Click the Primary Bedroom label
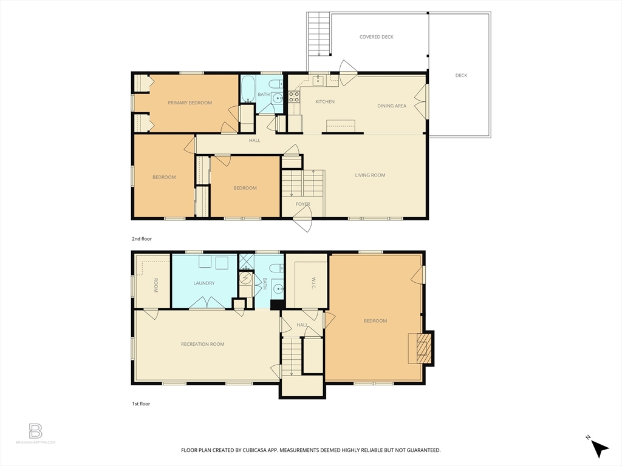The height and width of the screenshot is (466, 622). (190, 103)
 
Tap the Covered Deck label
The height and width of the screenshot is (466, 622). (377, 37)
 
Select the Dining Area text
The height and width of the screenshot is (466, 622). (392, 106)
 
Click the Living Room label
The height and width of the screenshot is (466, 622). (371, 175)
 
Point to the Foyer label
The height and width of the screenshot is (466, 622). (302, 204)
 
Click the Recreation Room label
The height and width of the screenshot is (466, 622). (203, 344)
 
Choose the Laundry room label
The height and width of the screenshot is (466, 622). (204, 283)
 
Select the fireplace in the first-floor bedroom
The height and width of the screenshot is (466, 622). (422, 348)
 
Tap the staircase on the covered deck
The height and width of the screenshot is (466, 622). (318, 33)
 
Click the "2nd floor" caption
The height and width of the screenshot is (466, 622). (142, 239)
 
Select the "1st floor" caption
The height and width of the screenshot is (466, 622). (141, 404)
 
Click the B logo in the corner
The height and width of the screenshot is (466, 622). (36, 431)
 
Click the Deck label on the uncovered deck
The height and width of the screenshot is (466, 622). (462, 76)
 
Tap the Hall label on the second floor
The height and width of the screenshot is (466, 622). (255, 141)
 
